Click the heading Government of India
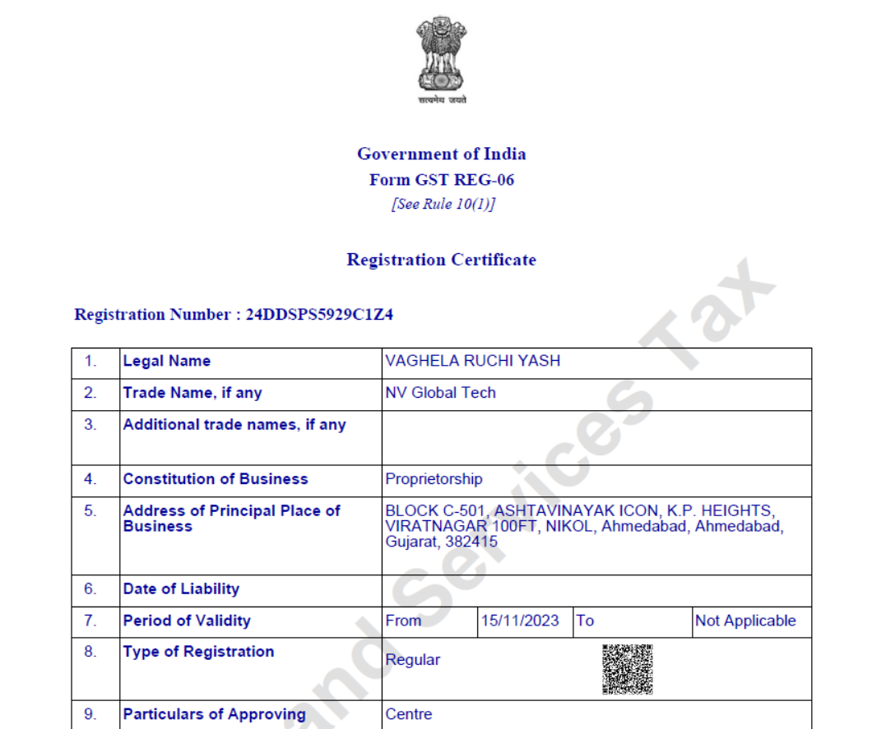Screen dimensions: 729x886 [x=442, y=154]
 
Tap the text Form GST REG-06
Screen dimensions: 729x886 [x=442, y=180]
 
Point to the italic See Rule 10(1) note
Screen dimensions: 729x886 [x=443, y=204]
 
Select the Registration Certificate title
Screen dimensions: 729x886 [x=442, y=260]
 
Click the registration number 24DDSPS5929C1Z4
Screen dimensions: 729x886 [x=319, y=314]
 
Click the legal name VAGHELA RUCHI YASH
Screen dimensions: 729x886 [x=472, y=361]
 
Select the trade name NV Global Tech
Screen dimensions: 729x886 [x=440, y=393]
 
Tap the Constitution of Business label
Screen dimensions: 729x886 [x=216, y=479]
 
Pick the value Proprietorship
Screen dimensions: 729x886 [x=434, y=479]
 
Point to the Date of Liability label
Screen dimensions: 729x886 [x=181, y=589]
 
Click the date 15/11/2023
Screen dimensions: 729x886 [x=520, y=621]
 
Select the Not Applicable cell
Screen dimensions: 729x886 [x=745, y=621]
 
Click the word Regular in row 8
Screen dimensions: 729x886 [x=413, y=660]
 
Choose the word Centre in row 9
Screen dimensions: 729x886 [x=409, y=714]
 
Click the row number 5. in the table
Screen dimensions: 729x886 [x=90, y=510]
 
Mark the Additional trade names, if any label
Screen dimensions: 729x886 [x=234, y=425]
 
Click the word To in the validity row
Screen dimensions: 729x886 [x=585, y=621]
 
